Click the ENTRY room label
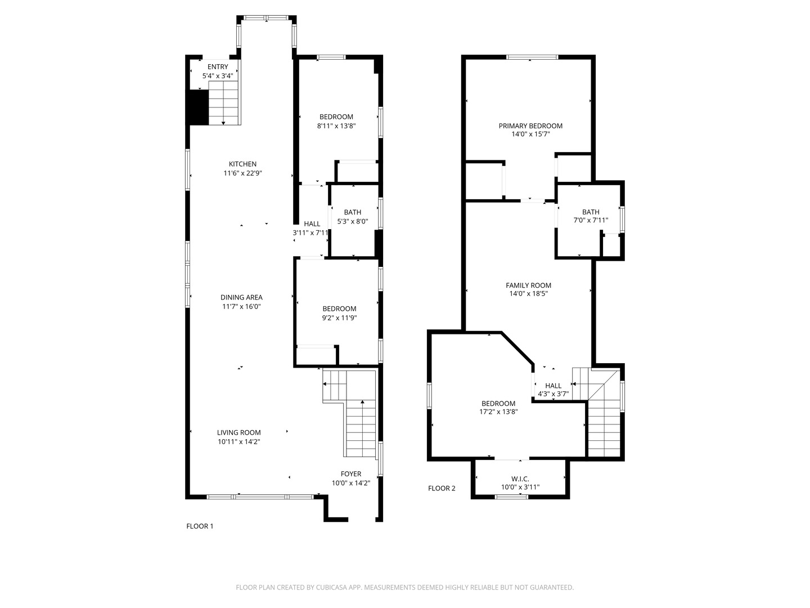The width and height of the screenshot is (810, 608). click(x=218, y=67)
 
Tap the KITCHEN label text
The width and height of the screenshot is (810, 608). click(x=242, y=164)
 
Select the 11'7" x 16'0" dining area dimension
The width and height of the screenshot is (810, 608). click(x=241, y=307)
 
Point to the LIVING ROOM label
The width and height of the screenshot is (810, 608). click(x=239, y=433)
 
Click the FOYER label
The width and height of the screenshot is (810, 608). click(x=351, y=474)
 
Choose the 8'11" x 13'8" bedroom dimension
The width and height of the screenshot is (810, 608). click(x=336, y=126)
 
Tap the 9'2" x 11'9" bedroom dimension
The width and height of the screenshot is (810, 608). click(x=339, y=318)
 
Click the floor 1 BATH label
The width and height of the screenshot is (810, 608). click(x=353, y=212)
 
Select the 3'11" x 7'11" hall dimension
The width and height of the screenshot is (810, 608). click(x=310, y=233)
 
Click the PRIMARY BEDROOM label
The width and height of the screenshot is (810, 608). click(x=530, y=126)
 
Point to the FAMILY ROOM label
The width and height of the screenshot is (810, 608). click(x=528, y=285)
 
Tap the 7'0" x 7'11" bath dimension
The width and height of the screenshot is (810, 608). click(x=591, y=221)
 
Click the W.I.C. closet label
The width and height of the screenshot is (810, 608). click(x=520, y=479)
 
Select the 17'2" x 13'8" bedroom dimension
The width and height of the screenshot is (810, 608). click(x=498, y=412)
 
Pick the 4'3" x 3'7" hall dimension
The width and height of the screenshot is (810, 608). click(x=553, y=394)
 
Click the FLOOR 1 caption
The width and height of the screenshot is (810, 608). click(x=200, y=526)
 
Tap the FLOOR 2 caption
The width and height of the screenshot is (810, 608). click(x=442, y=488)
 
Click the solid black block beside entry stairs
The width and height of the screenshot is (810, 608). click(x=197, y=107)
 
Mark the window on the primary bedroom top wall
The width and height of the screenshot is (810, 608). click(x=532, y=57)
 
